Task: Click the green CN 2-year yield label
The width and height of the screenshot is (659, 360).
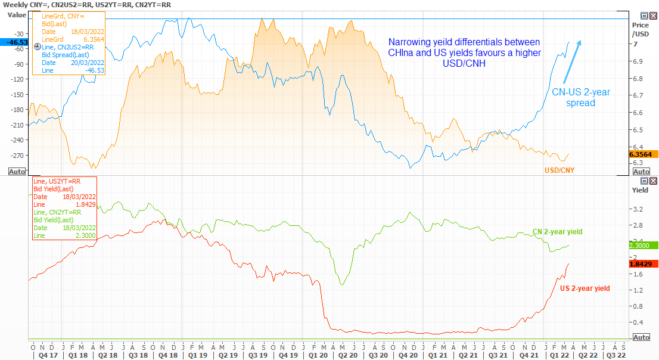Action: (x=557, y=232)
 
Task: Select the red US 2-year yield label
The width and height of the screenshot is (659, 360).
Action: (x=585, y=288)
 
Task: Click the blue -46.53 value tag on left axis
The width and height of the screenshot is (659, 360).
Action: (x=14, y=42)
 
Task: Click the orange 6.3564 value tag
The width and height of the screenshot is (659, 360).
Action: (x=642, y=154)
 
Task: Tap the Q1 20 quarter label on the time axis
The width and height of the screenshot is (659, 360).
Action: (x=316, y=355)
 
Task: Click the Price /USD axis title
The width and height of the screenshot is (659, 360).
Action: (x=641, y=30)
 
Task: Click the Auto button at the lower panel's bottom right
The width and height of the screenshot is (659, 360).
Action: (x=641, y=337)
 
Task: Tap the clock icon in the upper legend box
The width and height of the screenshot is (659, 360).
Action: (x=38, y=46)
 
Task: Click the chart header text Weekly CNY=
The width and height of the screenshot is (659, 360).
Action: (x=27, y=5)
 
